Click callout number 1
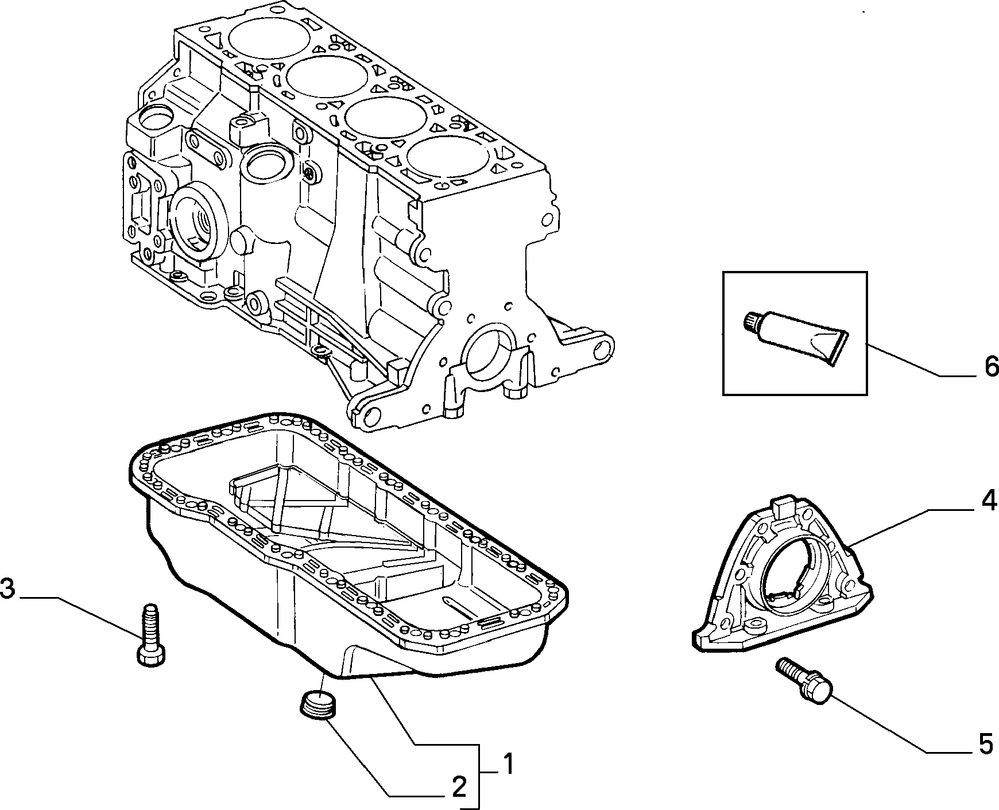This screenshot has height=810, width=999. coord(508,765)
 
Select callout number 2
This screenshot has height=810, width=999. coord(459,788)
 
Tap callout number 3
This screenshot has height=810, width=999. coord(7,590)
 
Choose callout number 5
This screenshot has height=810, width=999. coord(985,744)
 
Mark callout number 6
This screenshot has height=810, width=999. coord(991,367)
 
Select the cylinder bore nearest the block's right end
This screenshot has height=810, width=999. coord(448,160)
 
